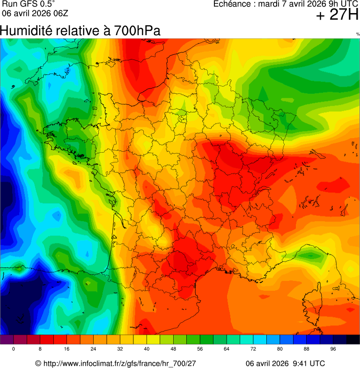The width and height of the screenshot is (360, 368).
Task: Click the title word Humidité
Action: pos(26,31)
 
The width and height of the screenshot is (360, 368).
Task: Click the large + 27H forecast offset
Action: pos(337,15)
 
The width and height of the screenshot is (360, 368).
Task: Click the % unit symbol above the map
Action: pos(358,34)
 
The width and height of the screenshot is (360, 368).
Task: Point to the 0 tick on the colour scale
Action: pos(14,349)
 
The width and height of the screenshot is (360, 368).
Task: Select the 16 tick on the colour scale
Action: pos(67,349)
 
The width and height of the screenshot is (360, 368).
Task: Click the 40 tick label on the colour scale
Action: pos(147,349)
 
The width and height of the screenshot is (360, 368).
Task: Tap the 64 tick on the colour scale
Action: pos(227,349)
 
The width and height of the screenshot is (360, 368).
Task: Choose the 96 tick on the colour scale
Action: pos(333,349)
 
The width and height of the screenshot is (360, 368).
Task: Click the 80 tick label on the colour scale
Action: pos(279,349)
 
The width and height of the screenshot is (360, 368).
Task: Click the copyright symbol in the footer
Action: pos(38,363)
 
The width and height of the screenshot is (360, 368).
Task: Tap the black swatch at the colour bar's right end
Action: pos(353,339)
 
